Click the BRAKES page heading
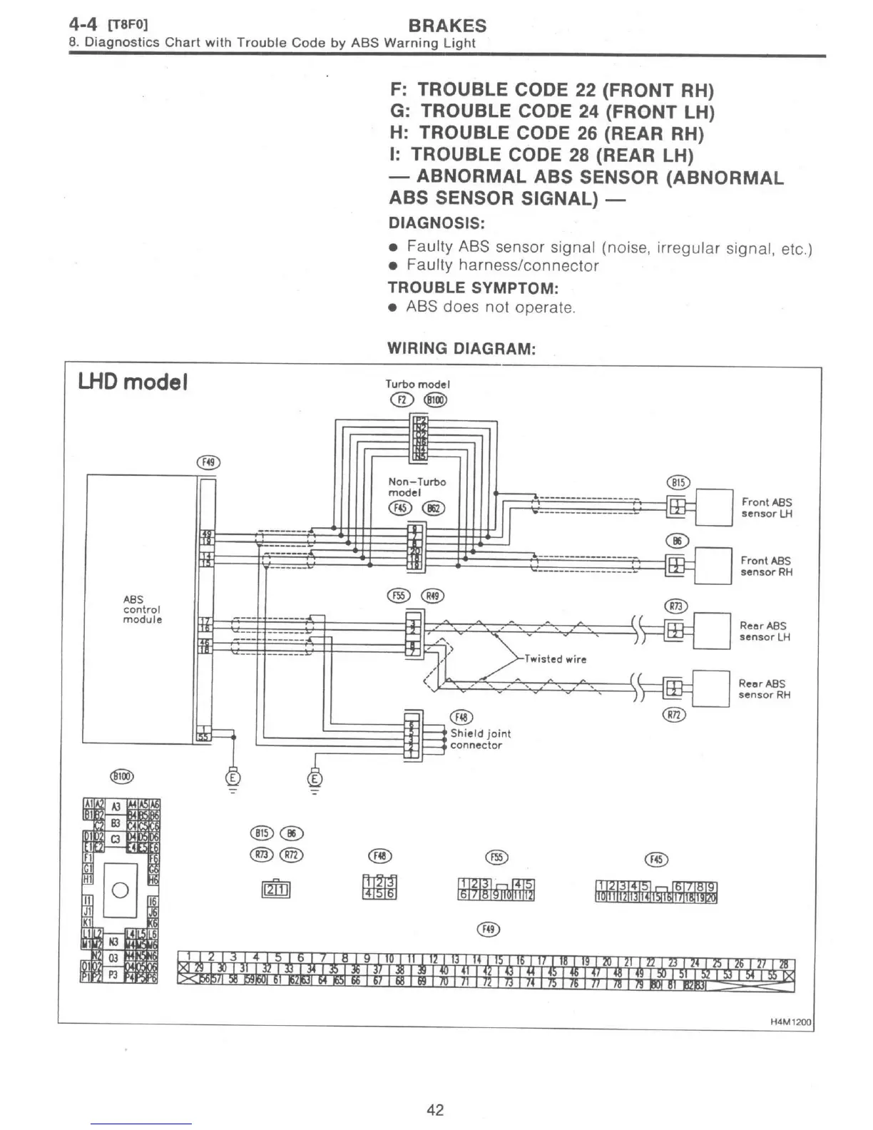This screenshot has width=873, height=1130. pos(447,26)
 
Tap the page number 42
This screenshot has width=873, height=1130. pos(435,1109)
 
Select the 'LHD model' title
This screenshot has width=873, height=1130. pos(133,382)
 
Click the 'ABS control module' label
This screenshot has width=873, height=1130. pos(143,609)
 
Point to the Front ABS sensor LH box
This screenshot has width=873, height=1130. pos(714,507)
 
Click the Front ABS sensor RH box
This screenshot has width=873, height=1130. pos(713,566)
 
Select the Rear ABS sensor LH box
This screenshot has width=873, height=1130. pos(712,631)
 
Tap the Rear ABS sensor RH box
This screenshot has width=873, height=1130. pos(711,688)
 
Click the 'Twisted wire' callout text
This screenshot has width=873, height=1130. pos(555,659)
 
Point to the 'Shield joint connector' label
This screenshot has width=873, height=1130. pos(481,739)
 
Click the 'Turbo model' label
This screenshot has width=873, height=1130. pos(418,385)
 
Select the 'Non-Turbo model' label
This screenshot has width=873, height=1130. pos(417,487)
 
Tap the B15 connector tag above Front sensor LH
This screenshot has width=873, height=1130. pos(678,482)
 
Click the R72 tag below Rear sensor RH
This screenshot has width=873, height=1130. pos(675,715)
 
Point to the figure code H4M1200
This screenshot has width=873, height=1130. pos(791,1022)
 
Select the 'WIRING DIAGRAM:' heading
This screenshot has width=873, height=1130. pos(461,349)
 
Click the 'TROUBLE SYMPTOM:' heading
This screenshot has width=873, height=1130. pos(473,288)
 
